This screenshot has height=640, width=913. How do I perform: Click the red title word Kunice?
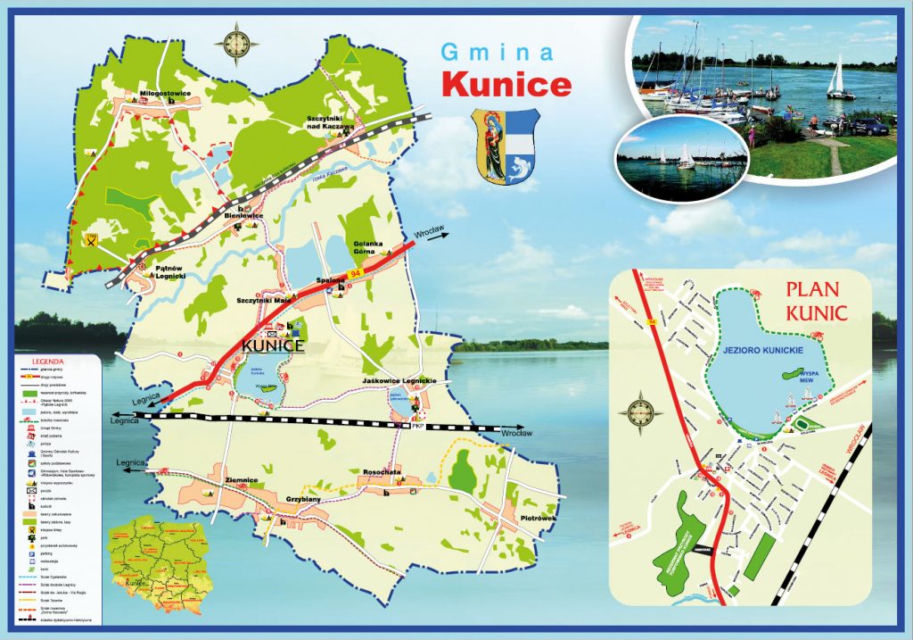coord(506,84)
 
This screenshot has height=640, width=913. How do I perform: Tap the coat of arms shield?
coord(505,146)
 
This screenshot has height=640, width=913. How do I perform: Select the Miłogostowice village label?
coord(153,91)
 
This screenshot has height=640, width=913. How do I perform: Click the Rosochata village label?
coord(382,471)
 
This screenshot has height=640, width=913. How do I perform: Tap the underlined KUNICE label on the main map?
coord(274,345)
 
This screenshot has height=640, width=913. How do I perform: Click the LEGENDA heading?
coord(44,361)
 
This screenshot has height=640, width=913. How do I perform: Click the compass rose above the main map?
coord(238,42)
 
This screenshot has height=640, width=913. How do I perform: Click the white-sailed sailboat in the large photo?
coord(837,78)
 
